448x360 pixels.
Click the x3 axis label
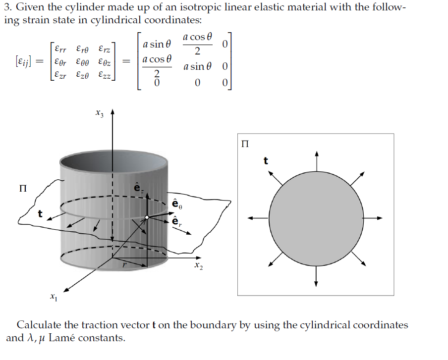[x=100, y=114]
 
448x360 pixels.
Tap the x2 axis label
[x=198, y=267]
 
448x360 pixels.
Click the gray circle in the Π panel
[x=316, y=217]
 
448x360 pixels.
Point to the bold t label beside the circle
[x=266, y=160]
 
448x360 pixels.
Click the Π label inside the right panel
[x=244, y=144]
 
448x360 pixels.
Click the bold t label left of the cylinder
[x=41, y=214]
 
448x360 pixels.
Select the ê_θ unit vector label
[x=176, y=203]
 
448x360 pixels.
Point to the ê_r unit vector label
[x=176, y=221]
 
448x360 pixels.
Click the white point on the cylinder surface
[x=147, y=217]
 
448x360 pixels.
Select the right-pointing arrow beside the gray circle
[x=374, y=217]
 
